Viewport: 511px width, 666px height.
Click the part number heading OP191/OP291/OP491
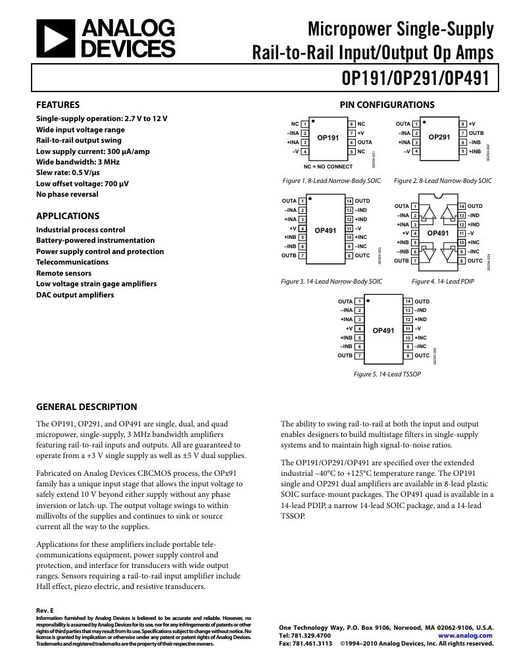(416, 78)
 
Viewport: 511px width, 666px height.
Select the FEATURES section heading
(58, 105)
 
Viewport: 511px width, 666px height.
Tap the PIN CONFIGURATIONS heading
(387, 105)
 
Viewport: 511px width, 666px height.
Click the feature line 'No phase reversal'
(67, 194)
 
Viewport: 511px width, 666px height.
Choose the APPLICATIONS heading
(68, 216)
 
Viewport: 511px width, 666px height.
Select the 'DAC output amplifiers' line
(75, 295)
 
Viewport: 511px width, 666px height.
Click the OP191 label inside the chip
(328, 138)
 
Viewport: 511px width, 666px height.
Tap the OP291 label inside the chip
(439, 137)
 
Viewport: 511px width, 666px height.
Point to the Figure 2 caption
(443, 180)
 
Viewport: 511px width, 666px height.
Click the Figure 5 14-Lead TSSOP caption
(387, 374)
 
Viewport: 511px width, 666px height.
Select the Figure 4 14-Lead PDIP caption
(443, 281)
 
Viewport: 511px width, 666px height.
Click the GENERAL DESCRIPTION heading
(86, 407)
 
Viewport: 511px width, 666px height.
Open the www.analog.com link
(465, 636)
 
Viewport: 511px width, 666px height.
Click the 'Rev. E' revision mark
(45, 611)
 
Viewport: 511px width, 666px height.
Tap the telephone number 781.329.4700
(304, 636)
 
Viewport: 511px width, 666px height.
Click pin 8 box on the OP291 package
(463, 124)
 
